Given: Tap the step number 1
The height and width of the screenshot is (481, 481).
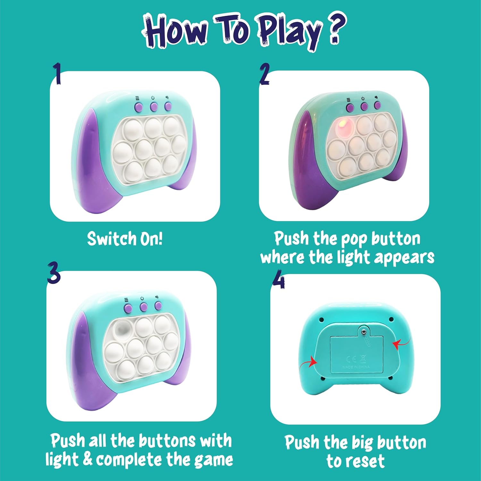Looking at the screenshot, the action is click(57, 74).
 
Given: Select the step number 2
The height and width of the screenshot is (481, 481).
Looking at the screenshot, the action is click(265, 74).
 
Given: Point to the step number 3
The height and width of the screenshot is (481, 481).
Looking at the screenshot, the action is click(54, 272).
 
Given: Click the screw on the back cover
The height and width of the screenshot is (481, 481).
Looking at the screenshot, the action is click(364, 331).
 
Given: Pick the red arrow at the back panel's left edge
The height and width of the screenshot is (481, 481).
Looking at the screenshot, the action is click(308, 364).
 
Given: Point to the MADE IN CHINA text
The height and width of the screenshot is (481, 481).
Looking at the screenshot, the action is click(356, 367).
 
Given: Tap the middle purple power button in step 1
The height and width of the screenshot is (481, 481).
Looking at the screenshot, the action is click(154, 107).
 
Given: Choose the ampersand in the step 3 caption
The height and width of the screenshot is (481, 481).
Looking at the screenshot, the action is click(87, 459).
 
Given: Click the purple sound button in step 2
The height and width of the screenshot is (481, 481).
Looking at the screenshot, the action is click(377, 105).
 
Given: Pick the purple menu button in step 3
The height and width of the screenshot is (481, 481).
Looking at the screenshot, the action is click(128, 309).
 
